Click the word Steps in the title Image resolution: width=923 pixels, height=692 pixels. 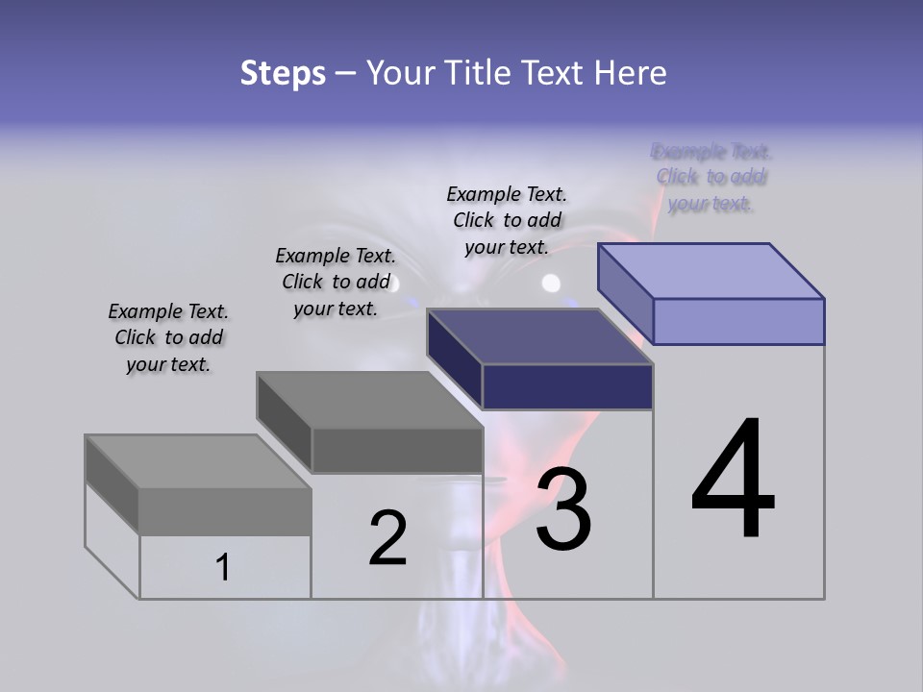[283, 73]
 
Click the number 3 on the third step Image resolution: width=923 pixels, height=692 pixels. [563, 509]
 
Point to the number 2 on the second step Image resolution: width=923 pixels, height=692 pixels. [387, 537]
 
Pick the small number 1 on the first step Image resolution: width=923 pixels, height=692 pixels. [223, 568]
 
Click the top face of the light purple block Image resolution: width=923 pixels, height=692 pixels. [711, 270]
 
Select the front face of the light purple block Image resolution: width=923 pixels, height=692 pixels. [738, 321]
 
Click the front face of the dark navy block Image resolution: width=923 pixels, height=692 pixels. [567, 386]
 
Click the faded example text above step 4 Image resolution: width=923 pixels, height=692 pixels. [711, 178]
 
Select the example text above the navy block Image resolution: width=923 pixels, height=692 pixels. [507, 220]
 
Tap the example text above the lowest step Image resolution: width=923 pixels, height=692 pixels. [168, 337]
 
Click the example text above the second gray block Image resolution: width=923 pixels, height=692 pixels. [336, 282]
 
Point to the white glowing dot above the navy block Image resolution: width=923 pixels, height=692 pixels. [551, 284]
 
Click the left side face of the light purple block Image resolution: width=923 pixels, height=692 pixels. [626, 293]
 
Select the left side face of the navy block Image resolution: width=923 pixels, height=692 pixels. [455, 358]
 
